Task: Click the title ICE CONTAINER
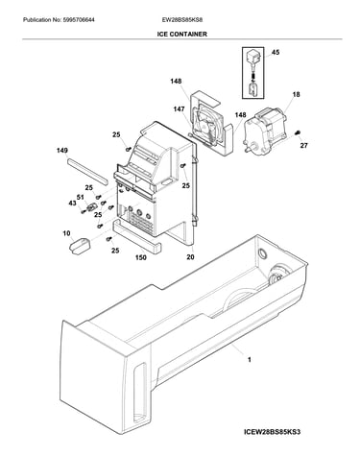point(181,34)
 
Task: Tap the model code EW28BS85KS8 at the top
point(182,20)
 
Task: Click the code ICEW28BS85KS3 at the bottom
point(272,432)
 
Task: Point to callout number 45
point(276,52)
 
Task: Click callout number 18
point(296,94)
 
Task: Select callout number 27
point(303,146)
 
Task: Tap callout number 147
point(179,109)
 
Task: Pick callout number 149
point(62,151)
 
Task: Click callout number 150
point(141,257)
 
